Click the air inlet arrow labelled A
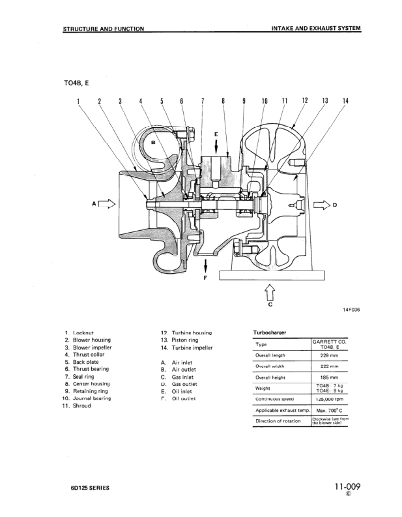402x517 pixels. [x=108, y=204]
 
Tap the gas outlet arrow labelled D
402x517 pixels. [x=322, y=204]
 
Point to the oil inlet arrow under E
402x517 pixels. [x=216, y=147]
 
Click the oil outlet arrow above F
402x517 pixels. [x=206, y=265]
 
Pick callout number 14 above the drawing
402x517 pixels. [x=345, y=101]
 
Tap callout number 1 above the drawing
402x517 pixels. [x=78, y=101]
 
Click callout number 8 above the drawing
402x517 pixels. [x=223, y=101]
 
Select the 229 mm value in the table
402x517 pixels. [x=329, y=355]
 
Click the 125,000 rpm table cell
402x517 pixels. [x=329, y=398]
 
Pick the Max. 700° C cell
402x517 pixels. [x=329, y=409]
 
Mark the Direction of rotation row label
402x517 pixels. [x=278, y=421]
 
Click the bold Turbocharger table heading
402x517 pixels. [x=270, y=332]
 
